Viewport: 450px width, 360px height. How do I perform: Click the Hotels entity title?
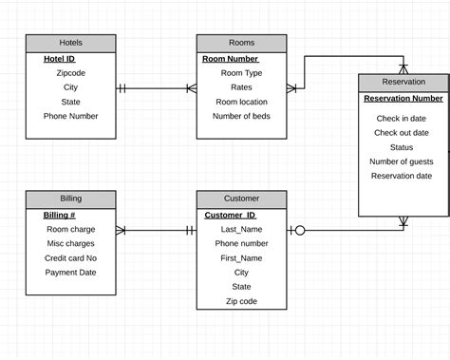pyautogui.click(x=70, y=43)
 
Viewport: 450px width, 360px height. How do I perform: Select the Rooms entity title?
pyautogui.click(x=241, y=43)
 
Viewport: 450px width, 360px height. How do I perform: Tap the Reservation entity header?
pyautogui.click(x=403, y=82)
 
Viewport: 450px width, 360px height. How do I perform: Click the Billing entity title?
pyautogui.click(x=70, y=199)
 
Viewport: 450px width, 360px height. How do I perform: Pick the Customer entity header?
pyautogui.click(x=241, y=199)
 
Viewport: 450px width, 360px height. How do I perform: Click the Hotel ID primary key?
pyautogui.click(x=59, y=59)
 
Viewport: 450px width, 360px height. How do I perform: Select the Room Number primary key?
pyautogui.click(x=230, y=59)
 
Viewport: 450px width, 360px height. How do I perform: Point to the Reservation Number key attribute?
pyautogui.click(x=403, y=98)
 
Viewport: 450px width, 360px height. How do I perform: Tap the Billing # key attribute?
pyautogui.click(x=60, y=215)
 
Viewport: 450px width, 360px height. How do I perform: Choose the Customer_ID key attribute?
pyautogui.click(x=230, y=215)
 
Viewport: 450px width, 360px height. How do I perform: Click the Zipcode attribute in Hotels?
pyautogui.click(x=70, y=72)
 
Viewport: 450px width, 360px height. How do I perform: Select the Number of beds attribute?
pyautogui.click(x=241, y=116)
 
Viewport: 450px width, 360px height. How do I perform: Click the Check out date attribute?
pyautogui.click(x=402, y=133)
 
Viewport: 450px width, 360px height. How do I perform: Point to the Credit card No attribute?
pyautogui.click(x=70, y=258)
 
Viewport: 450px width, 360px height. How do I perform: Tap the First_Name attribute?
pyautogui.click(x=241, y=257)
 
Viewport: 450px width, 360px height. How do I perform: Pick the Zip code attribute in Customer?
pyautogui.click(x=241, y=301)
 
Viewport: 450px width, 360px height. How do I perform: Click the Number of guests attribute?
pyautogui.click(x=402, y=161)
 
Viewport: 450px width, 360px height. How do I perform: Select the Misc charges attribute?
pyautogui.click(x=70, y=243)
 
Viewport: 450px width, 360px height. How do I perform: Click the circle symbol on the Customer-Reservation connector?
pyautogui.click(x=300, y=230)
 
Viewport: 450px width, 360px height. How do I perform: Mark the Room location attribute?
pyautogui.click(x=241, y=102)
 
